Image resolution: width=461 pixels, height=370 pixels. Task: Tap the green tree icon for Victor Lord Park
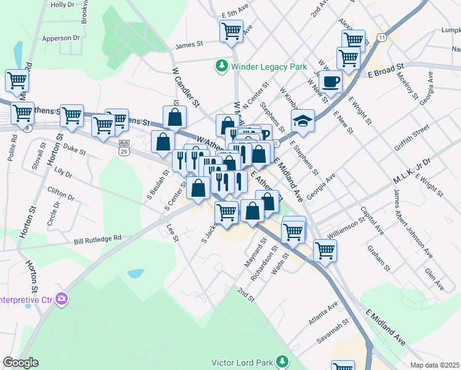282,361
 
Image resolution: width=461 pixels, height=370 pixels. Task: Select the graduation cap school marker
302,121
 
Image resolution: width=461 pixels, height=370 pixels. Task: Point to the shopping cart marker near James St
232,31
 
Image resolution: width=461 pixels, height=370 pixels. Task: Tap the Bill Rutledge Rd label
98,237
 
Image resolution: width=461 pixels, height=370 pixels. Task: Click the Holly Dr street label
62,5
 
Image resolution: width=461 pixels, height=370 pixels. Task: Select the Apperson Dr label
61,38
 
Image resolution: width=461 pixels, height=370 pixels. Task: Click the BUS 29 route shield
124,147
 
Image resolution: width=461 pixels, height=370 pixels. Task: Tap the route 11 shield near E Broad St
383,38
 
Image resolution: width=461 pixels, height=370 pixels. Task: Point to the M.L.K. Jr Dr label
414,172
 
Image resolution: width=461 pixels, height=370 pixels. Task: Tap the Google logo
20,363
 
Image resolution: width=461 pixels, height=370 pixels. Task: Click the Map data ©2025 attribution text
434,365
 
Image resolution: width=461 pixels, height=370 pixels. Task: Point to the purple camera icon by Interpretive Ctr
61,299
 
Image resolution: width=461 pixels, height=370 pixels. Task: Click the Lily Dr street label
63,170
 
